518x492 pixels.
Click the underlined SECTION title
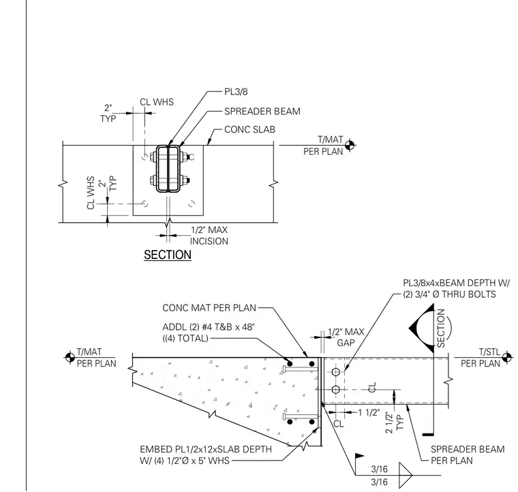tap(168, 255)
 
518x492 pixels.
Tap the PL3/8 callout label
tap(236, 91)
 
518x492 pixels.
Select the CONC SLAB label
tap(249, 129)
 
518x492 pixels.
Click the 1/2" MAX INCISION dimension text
tap(209, 235)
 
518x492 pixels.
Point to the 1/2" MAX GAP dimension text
tap(346, 337)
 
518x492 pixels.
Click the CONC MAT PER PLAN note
tap(209, 308)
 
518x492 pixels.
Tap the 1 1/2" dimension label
tap(369, 412)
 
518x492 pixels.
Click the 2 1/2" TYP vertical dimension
tap(395, 422)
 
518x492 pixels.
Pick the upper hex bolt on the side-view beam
tap(335, 372)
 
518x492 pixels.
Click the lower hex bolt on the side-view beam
tap(335, 390)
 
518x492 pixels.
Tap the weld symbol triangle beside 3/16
tap(406, 476)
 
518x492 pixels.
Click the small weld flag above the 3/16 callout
tap(359, 457)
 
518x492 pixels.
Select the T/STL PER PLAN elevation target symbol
tap(506, 357)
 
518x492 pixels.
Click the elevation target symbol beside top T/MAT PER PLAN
tap(350, 145)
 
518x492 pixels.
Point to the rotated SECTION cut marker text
tap(441, 328)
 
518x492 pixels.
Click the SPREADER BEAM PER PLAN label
tap(468, 455)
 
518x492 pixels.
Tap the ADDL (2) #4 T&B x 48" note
tap(209, 333)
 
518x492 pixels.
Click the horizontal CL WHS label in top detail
tap(157, 102)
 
